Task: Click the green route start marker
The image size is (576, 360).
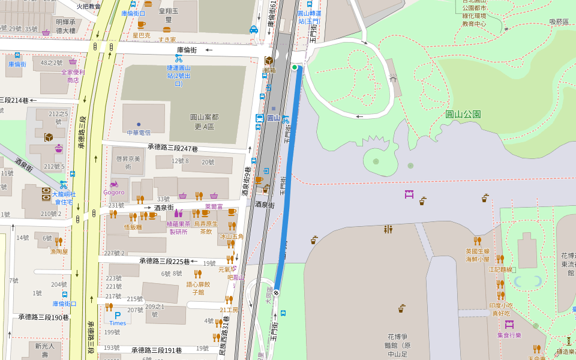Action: [x=295, y=67]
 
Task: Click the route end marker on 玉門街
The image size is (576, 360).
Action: [x=277, y=293]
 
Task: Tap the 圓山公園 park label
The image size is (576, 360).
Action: [x=463, y=114]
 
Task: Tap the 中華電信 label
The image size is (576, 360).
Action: [x=139, y=132]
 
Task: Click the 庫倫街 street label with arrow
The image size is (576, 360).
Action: [x=188, y=50]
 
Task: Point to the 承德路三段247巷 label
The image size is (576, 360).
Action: [x=173, y=148]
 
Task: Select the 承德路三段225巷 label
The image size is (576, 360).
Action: [x=164, y=261]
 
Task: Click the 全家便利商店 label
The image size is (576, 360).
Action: [x=73, y=76]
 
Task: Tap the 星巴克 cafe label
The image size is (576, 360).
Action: [x=142, y=35]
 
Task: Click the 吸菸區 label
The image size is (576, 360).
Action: [x=559, y=22]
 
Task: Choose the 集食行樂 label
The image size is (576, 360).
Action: [x=509, y=335]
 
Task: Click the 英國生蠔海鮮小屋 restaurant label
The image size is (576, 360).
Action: [x=478, y=256]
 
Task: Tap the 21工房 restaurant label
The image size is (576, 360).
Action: [x=229, y=310]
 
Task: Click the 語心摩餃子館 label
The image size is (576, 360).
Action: [x=198, y=288]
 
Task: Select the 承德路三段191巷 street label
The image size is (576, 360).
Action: [x=157, y=350]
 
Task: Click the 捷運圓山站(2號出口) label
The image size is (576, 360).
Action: [x=178, y=76]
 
